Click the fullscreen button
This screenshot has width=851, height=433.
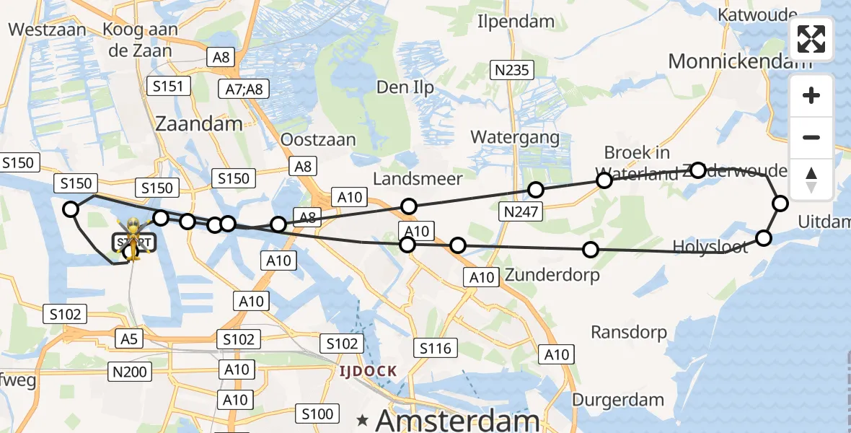(811, 39)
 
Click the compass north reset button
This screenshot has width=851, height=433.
(811, 180)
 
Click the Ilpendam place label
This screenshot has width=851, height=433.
(510, 21)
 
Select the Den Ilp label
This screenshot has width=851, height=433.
(405, 88)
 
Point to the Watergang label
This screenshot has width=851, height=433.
(515, 136)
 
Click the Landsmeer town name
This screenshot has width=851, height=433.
(418, 178)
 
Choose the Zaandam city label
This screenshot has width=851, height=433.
(199, 123)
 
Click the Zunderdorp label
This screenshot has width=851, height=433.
(552, 275)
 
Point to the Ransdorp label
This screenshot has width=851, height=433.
(629, 332)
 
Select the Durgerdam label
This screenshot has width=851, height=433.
(618, 400)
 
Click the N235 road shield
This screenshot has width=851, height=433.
(512, 70)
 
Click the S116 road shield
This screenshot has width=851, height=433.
(435, 349)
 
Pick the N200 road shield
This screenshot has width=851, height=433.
(130, 372)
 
